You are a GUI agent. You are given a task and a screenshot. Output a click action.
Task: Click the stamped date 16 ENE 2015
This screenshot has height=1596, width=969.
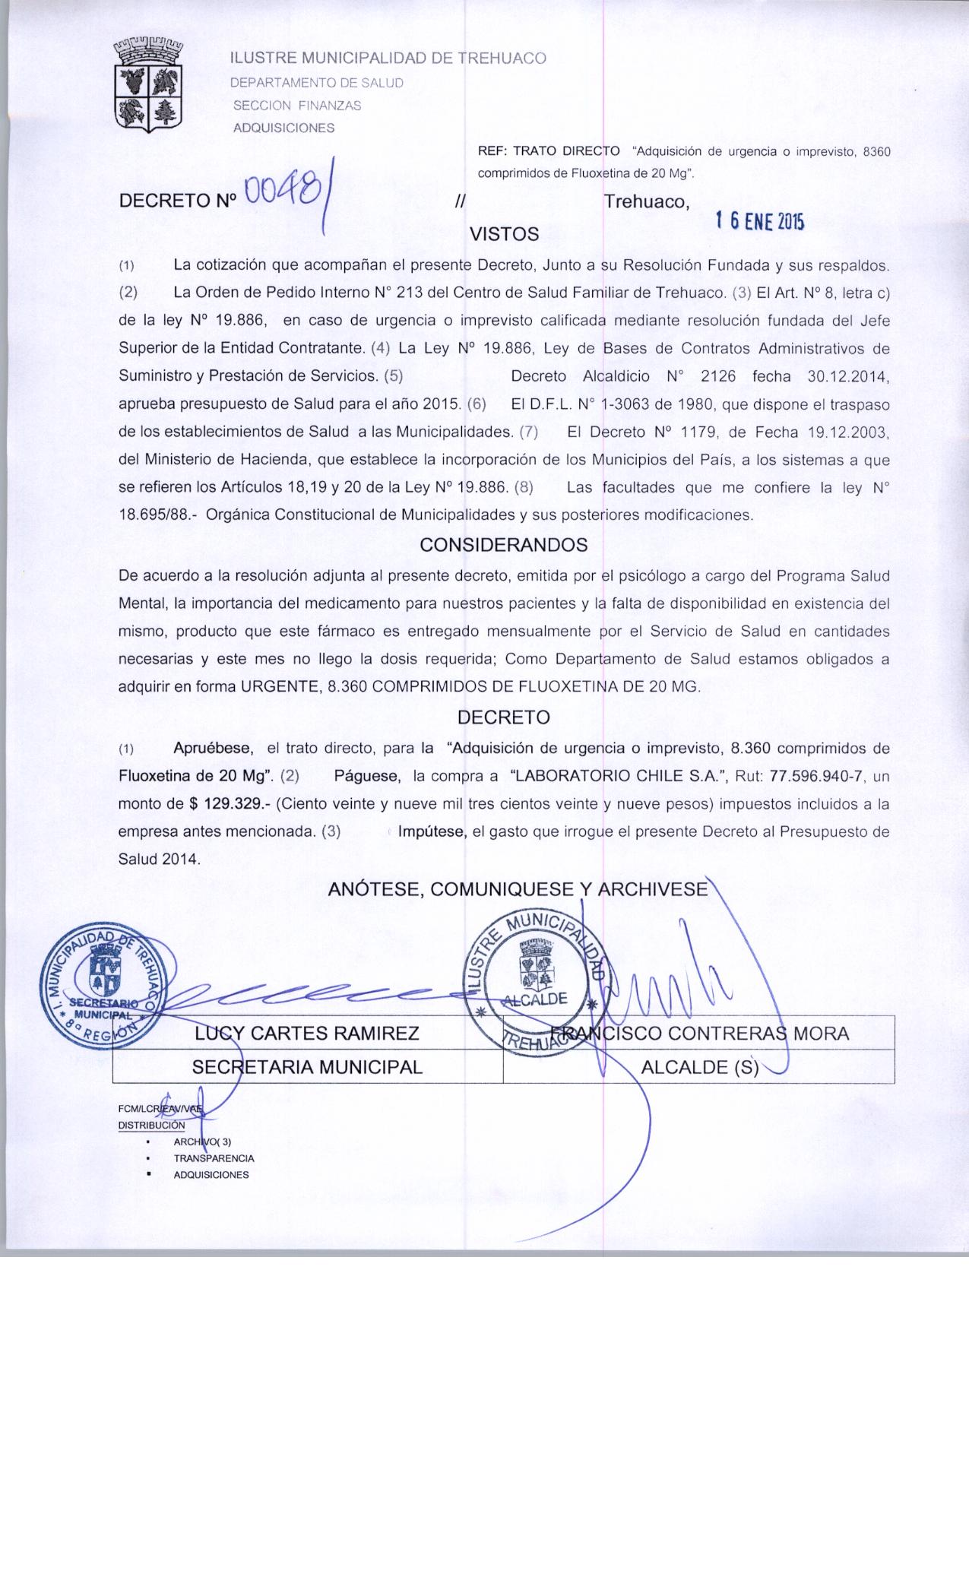[758, 221]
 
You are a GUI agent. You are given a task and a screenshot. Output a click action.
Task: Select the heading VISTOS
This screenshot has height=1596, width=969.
[505, 234]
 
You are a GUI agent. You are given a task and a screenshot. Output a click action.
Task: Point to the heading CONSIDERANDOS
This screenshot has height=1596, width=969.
[504, 545]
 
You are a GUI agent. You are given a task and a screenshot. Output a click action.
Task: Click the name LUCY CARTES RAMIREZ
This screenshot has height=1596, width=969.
[307, 1034]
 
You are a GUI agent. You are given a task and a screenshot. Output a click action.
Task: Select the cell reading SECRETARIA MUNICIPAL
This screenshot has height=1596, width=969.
[307, 1067]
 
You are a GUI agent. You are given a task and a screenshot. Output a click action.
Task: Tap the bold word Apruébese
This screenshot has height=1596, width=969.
[214, 748]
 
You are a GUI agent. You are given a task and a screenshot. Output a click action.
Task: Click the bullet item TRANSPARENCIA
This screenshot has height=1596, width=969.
[214, 1158]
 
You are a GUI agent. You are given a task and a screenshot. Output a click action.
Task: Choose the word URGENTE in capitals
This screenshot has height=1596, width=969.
[278, 686]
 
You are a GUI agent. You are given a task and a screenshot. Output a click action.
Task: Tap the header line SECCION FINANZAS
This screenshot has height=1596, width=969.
[296, 106]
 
